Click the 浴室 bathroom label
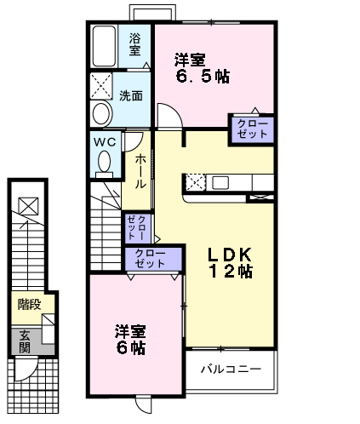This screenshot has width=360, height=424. tap(135, 45)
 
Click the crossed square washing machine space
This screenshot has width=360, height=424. tap(101, 86)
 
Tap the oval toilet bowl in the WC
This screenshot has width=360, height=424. tap(105, 160)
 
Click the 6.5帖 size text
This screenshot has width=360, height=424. tap(201, 76)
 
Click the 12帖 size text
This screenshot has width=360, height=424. tap(230, 272)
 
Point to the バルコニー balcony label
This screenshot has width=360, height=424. tap(230, 370)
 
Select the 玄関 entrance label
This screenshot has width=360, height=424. tap(26, 341)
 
